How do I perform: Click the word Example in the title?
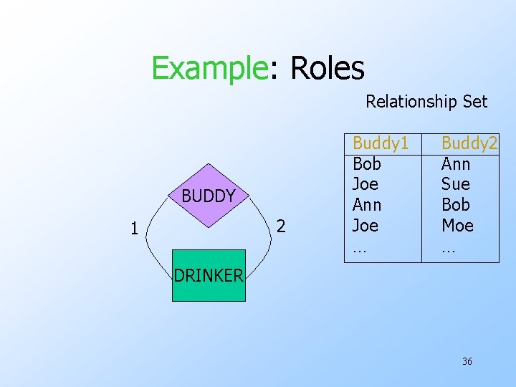coord(209,69)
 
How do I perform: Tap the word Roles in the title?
coord(327,69)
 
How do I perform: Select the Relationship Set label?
coord(426,102)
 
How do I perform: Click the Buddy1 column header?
coord(381,144)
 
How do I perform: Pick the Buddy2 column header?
coord(469,144)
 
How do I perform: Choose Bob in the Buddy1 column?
coord(367,164)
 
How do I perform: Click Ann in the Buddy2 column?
coord(456,164)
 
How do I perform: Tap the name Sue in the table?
coord(455,184)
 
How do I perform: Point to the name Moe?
coord(457,226)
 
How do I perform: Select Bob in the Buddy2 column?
coord(456,205)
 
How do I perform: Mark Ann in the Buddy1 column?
coord(368,205)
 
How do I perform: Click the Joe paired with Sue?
coord(365,184)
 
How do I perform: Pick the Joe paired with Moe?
coord(365,226)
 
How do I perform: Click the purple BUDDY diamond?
coord(208,196)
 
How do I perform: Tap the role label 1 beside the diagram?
coord(134,229)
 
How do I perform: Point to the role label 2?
coord(281,227)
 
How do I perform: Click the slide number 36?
coord(467,361)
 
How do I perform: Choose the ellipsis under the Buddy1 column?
coord(360,249)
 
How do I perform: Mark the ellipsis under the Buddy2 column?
coord(449,249)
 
